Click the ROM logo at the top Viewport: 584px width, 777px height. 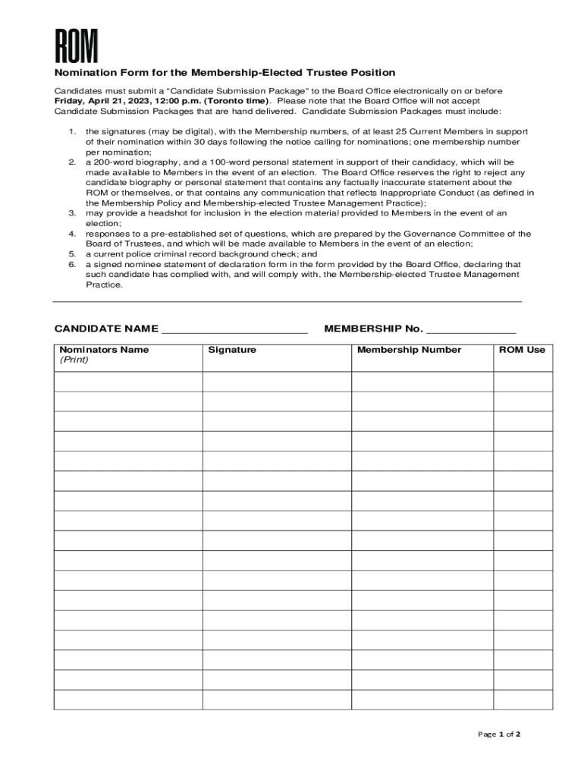coord(76,46)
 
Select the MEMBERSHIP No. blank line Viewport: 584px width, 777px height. coord(471,329)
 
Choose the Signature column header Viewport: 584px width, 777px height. coord(232,350)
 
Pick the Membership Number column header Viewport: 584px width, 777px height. coord(409,350)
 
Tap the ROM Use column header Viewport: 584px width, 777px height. coord(522,350)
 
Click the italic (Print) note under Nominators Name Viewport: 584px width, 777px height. coord(74,360)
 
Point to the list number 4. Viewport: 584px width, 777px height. coord(72,234)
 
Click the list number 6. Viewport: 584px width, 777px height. coord(72,265)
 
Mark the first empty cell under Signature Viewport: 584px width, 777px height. coord(276,382)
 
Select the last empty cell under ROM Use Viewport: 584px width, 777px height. coord(523,700)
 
